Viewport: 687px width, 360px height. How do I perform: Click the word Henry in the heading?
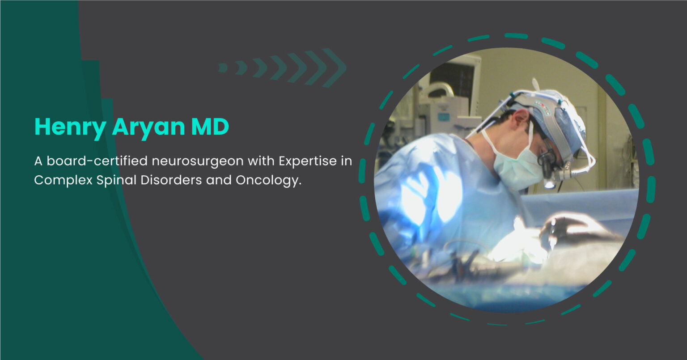coord(70,127)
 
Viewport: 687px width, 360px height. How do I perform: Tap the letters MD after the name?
coord(210,127)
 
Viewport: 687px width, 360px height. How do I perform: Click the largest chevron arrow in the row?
coord(335,68)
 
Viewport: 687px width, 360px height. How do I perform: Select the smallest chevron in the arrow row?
coord(223,68)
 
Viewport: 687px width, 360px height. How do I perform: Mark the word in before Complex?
coord(347,161)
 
